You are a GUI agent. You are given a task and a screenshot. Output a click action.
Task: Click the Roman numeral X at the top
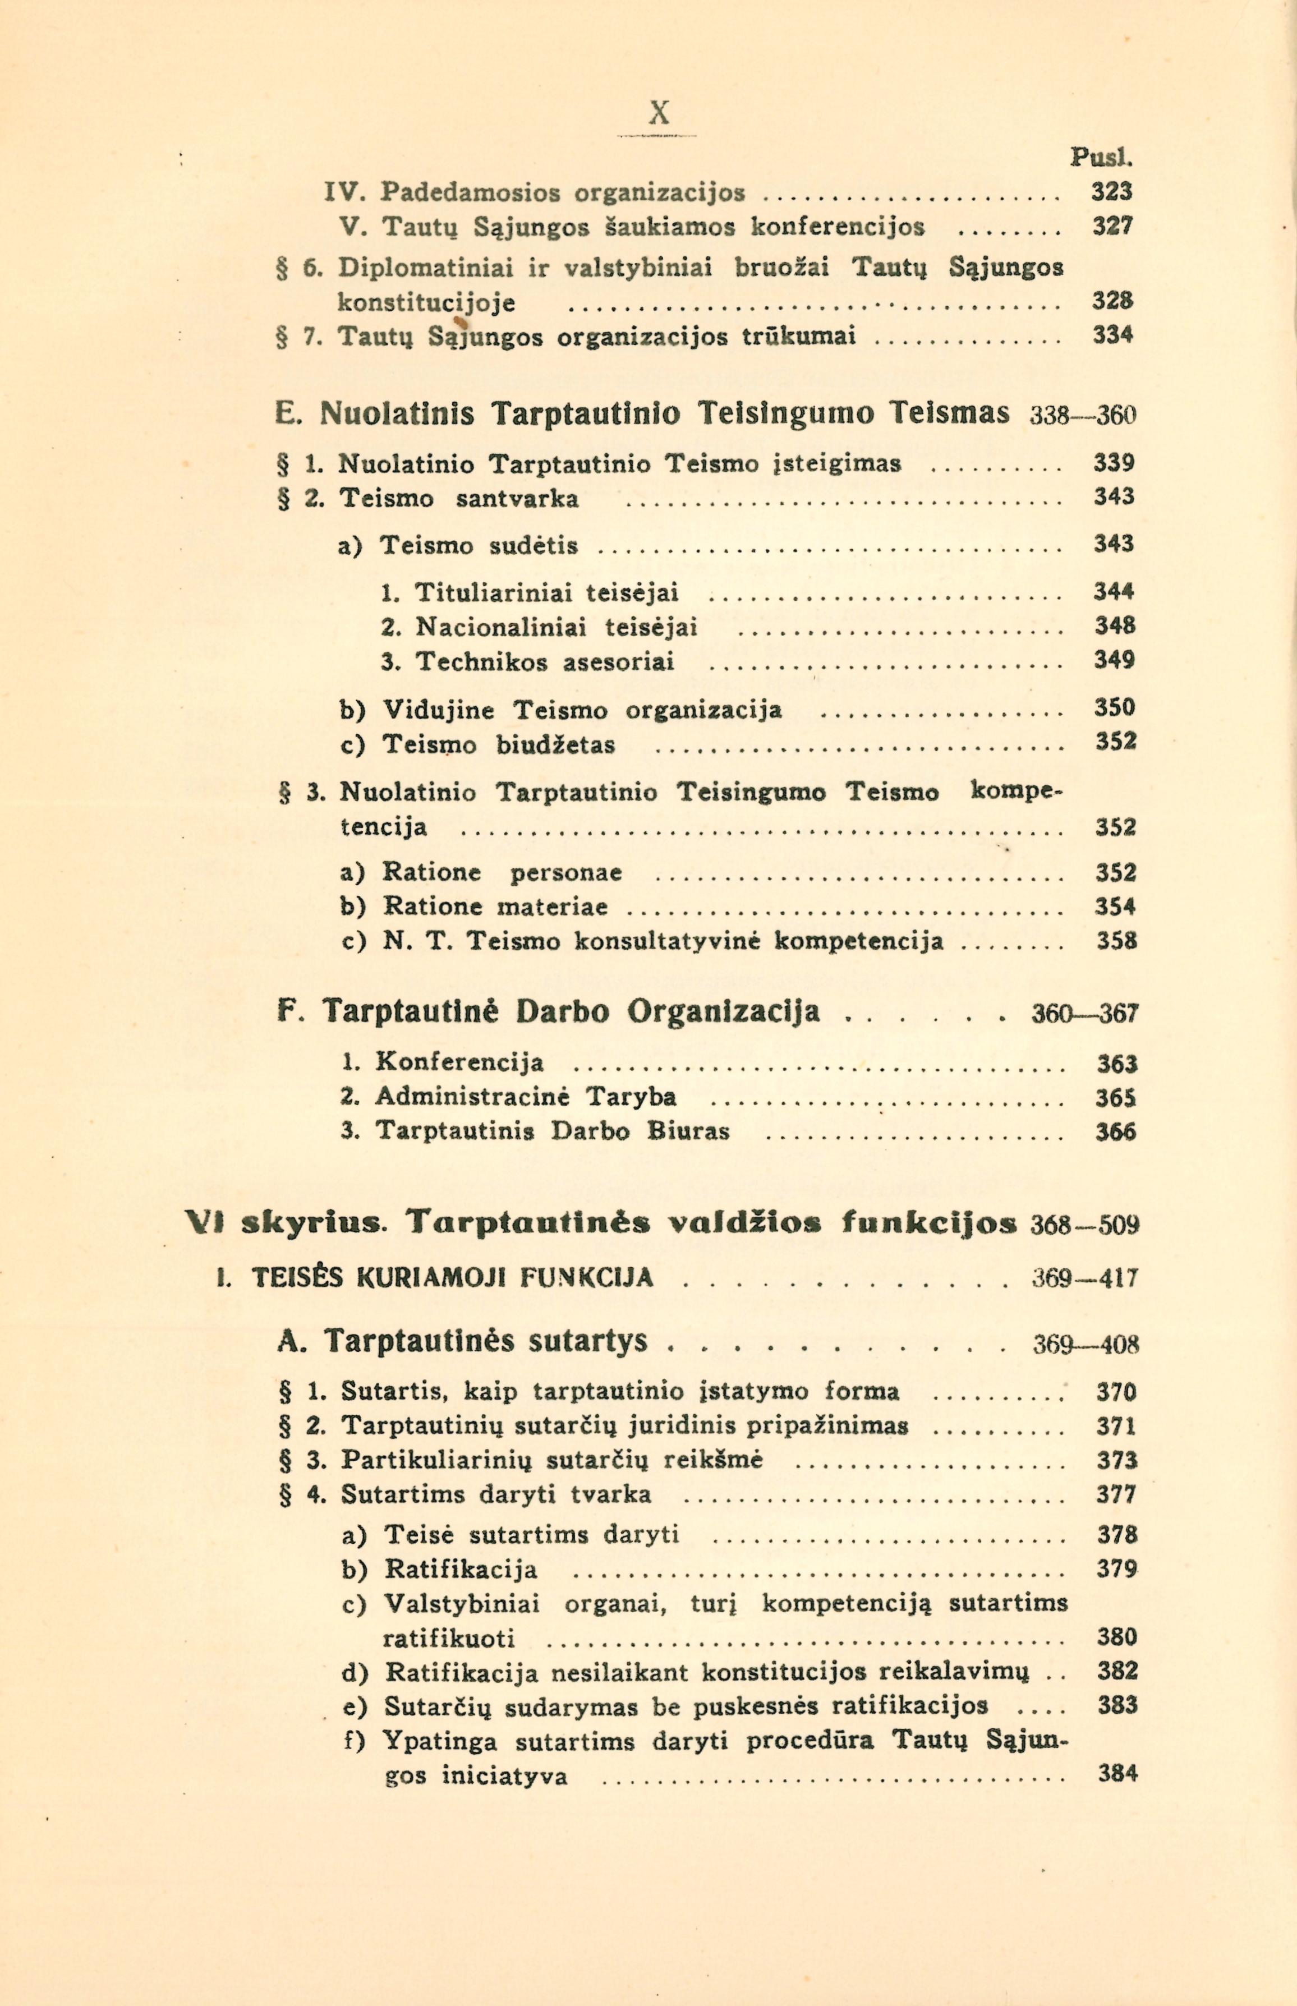pos(660,112)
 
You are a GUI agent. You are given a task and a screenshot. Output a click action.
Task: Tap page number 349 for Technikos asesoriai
pos(1114,660)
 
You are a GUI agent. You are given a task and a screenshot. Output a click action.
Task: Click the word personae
pos(567,872)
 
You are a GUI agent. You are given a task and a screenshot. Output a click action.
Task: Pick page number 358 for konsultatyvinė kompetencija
pos(1116,941)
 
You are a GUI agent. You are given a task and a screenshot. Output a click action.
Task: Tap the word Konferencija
pos(460,1062)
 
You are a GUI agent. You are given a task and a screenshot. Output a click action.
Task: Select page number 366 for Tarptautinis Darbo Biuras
pos(1116,1132)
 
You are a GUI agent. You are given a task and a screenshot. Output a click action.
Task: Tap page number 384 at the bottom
pos(1117,1774)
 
